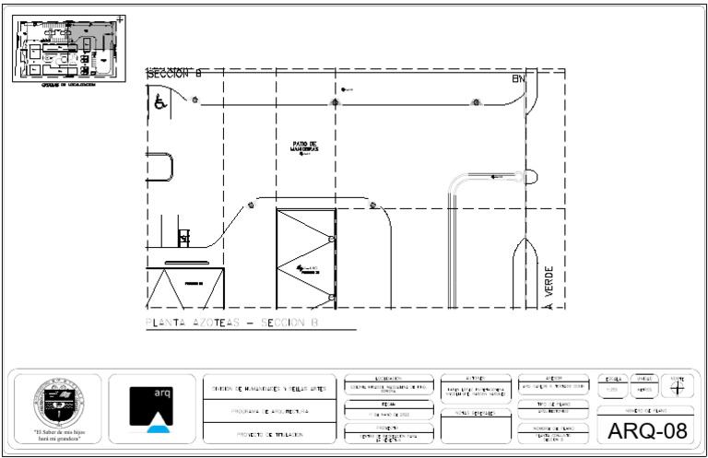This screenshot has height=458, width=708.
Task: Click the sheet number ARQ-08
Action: tap(646, 430)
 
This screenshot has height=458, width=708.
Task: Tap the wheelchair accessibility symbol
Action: tap(159, 101)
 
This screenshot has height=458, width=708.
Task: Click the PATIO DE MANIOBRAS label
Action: tap(304, 147)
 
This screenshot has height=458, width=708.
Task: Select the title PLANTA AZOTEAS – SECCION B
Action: tap(232, 323)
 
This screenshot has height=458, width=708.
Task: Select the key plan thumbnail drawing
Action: tap(67, 49)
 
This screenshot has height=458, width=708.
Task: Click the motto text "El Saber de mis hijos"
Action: tap(59, 431)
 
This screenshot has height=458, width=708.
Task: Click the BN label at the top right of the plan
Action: tap(518, 79)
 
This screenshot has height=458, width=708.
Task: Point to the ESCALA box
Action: tap(611, 385)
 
